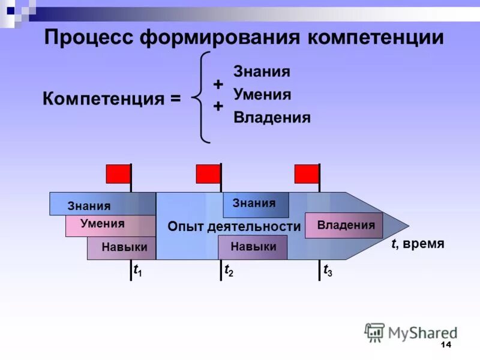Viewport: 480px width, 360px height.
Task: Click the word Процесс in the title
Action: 88,38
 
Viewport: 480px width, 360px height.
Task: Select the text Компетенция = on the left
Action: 112,98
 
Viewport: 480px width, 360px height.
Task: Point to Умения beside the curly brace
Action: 262,94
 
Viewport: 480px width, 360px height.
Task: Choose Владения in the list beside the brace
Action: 272,118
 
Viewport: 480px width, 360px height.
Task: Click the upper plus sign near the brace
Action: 218,84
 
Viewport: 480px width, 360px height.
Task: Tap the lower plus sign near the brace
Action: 218,106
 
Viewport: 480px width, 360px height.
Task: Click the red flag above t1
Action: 118,173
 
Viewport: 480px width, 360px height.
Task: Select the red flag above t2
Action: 208,173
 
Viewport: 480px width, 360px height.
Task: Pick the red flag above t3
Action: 307,173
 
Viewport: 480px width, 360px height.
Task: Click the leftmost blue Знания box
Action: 90,205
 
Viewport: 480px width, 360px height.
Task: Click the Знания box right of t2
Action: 256,204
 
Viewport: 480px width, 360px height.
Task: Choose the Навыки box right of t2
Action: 253,247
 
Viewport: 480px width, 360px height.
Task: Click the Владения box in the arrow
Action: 344,225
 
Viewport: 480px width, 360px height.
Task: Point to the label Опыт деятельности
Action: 234,226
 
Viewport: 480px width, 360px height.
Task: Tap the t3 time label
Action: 328,271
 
